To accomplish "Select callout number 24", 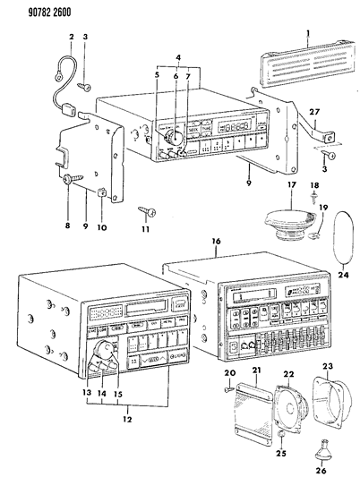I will click(344, 277).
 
